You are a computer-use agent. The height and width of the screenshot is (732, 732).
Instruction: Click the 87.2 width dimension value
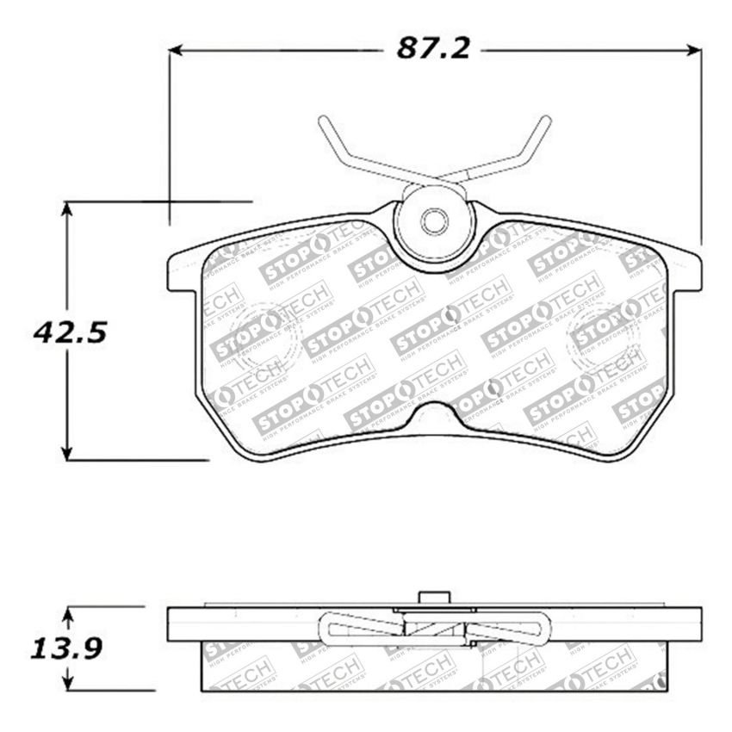[432, 49]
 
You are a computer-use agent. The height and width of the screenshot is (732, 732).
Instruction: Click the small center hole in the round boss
[434, 222]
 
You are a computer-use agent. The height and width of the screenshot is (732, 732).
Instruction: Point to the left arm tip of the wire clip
[323, 121]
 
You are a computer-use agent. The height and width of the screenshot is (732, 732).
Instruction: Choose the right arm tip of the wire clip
[547, 121]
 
